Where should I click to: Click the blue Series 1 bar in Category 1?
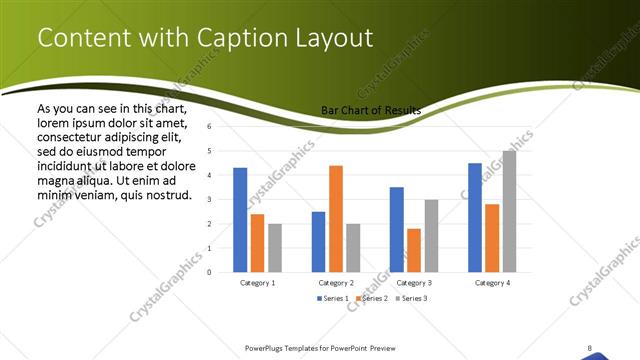click(x=240, y=220)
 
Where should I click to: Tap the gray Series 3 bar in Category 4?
click(x=509, y=211)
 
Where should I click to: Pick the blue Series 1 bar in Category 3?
click(x=397, y=229)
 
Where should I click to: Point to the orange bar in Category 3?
click(x=414, y=250)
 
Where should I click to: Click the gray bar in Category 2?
click(x=353, y=247)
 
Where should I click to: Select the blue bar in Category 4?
click(x=475, y=217)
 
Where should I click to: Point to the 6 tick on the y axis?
click(x=210, y=127)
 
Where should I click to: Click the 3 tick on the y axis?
click(x=210, y=199)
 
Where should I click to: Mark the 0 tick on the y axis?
click(x=210, y=272)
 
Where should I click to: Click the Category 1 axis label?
click(x=258, y=283)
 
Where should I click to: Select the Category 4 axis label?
click(x=491, y=283)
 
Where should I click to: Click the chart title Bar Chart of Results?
click(x=371, y=110)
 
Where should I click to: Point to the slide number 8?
click(x=590, y=348)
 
